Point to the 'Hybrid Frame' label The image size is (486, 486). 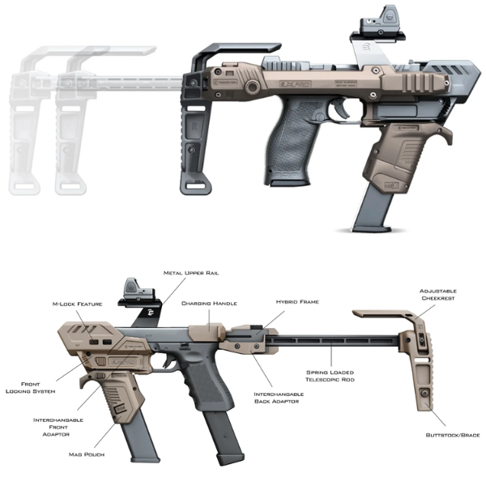coord(296,301)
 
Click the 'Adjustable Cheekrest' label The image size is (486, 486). coord(438,295)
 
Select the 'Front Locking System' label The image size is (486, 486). coord(29,387)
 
